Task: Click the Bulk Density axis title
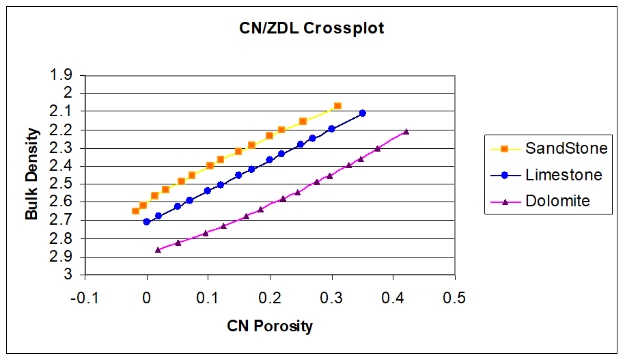(x=31, y=175)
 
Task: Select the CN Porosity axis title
(x=270, y=326)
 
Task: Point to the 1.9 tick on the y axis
(x=62, y=74)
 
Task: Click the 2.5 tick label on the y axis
(x=62, y=184)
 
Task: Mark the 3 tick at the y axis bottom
(x=68, y=275)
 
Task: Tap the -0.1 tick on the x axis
(x=85, y=297)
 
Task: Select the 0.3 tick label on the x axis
(x=331, y=297)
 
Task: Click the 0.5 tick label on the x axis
(x=454, y=297)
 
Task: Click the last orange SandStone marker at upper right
(x=337, y=106)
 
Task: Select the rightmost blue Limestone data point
(x=362, y=113)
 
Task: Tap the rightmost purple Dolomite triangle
(x=406, y=132)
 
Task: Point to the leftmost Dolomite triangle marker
(x=158, y=249)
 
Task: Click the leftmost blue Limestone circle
(x=146, y=221)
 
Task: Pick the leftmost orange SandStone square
(x=135, y=210)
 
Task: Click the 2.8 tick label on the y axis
(x=62, y=238)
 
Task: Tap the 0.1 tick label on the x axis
(x=208, y=297)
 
